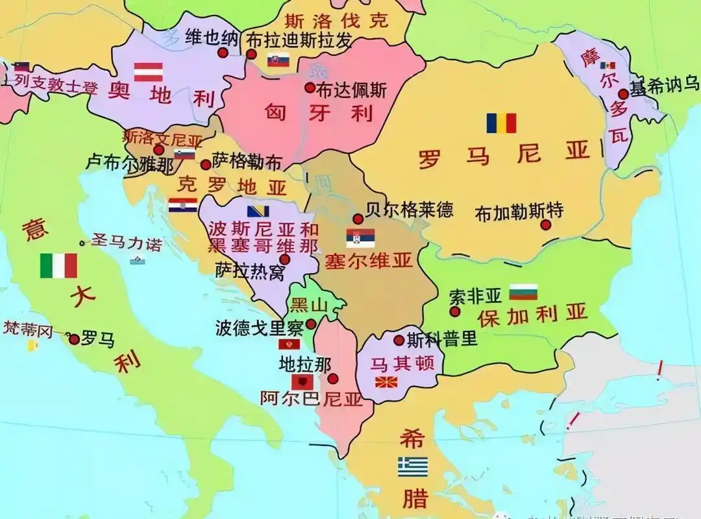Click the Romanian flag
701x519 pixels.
click(501, 123)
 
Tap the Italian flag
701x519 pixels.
click(58, 265)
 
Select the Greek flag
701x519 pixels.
click(413, 466)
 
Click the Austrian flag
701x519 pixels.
click(148, 71)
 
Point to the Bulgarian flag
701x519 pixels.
click(523, 292)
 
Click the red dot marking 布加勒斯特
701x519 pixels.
click(546, 224)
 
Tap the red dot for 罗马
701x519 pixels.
click(74, 339)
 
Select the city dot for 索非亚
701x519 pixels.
click(455, 311)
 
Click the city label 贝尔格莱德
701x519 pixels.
click(409, 210)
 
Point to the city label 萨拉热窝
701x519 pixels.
click(250, 271)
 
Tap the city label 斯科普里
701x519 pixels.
click(442, 339)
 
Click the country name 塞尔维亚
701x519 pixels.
click(369, 261)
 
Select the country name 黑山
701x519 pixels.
click(308, 304)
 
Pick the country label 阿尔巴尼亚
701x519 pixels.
click(311, 398)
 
